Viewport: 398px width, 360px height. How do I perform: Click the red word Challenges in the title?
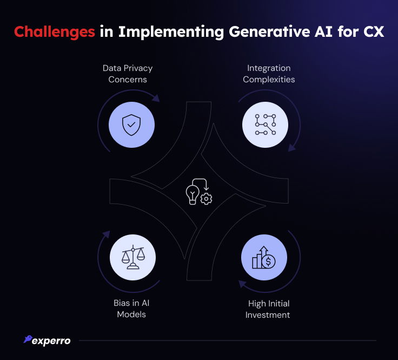(55, 32)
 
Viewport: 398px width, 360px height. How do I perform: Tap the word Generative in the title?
(269, 31)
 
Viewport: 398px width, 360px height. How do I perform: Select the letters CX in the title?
(373, 31)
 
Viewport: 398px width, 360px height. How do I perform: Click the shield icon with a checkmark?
(131, 125)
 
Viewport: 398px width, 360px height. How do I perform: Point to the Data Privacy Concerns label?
(128, 74)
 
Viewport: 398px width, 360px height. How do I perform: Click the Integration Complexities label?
(269, 74)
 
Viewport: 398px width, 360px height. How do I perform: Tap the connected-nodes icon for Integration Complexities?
(266, 125)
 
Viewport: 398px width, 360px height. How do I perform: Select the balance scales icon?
(132, 257)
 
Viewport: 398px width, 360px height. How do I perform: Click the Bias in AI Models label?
(131, 309)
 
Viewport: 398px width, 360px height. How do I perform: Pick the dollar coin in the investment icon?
(269, 261)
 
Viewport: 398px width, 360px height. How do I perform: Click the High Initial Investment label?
(268, 309)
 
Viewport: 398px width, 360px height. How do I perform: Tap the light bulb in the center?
(193, 194)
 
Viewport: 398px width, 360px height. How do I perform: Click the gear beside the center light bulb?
(206, 199)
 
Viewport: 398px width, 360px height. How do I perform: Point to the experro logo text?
(51, 341)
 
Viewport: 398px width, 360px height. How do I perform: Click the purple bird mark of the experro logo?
(28, 339)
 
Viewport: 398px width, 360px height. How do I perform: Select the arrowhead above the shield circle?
(156, 98)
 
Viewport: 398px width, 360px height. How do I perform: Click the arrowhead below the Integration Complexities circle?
(292, 147)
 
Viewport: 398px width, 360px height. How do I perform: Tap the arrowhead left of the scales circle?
(107, 234)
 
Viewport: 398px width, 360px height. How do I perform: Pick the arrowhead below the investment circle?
(242, 284)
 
